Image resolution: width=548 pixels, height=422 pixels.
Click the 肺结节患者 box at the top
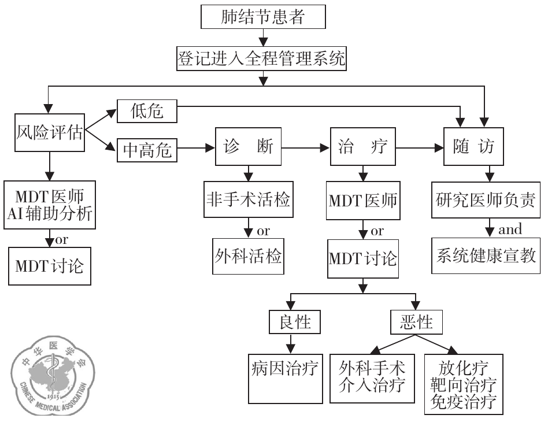pos(262,18)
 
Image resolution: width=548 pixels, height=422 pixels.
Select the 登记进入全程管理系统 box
pos(262,58)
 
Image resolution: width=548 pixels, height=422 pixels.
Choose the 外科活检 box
pos(248,255)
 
